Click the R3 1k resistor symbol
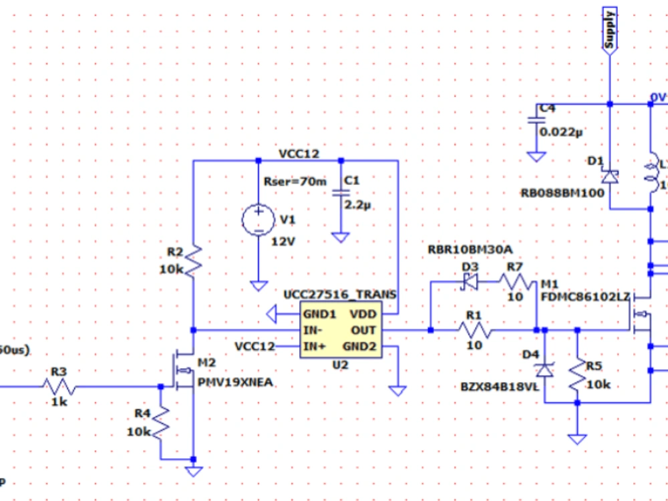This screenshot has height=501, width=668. (59, 386)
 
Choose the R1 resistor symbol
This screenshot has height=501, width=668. (474, 330)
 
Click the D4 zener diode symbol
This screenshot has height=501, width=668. (546, 368)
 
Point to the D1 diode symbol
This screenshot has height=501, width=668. (609, 176)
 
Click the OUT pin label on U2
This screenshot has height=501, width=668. (364, 331)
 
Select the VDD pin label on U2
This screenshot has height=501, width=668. (363, 314)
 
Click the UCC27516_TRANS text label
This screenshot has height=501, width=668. (339, 295)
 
